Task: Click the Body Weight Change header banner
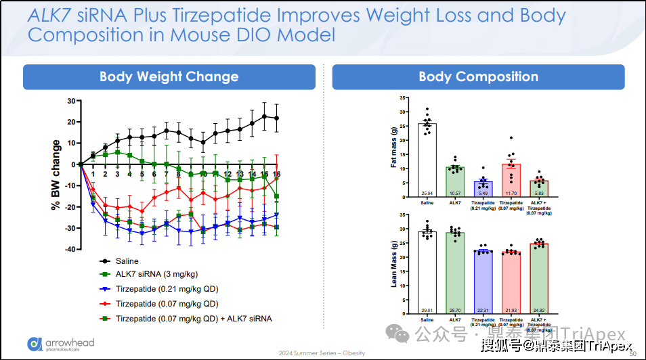pyautogui.click(x=169, y=77)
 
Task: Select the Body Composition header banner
pyautogui.click(x=478, y=77)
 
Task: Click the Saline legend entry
pyautogui.click(x=127, y=261)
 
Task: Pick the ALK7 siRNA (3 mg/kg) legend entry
pyautogui.click(x=155, y=275)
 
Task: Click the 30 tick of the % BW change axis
pyautogui.click(x=70, y=101)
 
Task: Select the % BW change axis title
pyautogui.click(x=56, y=175)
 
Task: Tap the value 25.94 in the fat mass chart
pyautogui.click(x=427, y=193)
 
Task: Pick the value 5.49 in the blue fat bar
pyautogui.click(x=483, y=193)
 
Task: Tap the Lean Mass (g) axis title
pyautogui.click(x=393, y=264)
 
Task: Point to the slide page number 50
pyautogui.click(x=633, y=353)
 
